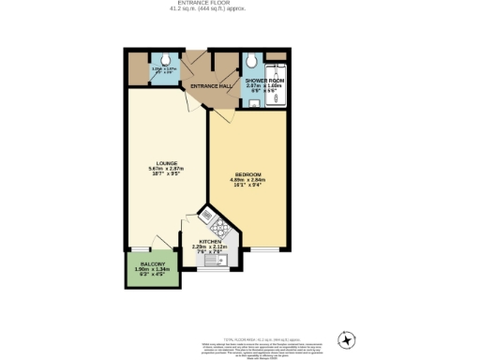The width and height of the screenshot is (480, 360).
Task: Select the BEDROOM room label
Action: pyautogui.click(x=247, y=174)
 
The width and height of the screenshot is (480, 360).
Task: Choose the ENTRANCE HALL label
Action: pyautogui.click(x=211, y=87)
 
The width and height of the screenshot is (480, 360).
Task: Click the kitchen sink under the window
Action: pyautogui.click(x=211, y=263)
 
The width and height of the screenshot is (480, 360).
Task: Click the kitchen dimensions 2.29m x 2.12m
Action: pyautogui.click(x=210, y=248)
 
